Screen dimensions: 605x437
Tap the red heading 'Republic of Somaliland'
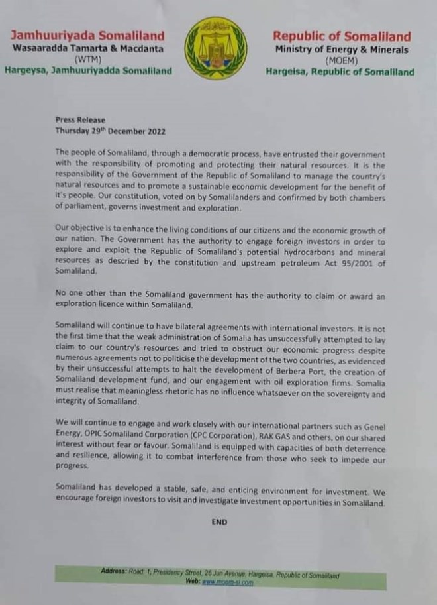click(342, 36)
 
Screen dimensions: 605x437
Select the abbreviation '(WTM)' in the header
click(87, 59)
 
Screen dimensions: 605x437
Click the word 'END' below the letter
click(219, 522)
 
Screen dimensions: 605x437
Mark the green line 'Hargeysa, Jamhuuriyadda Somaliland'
click(88, 70)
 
